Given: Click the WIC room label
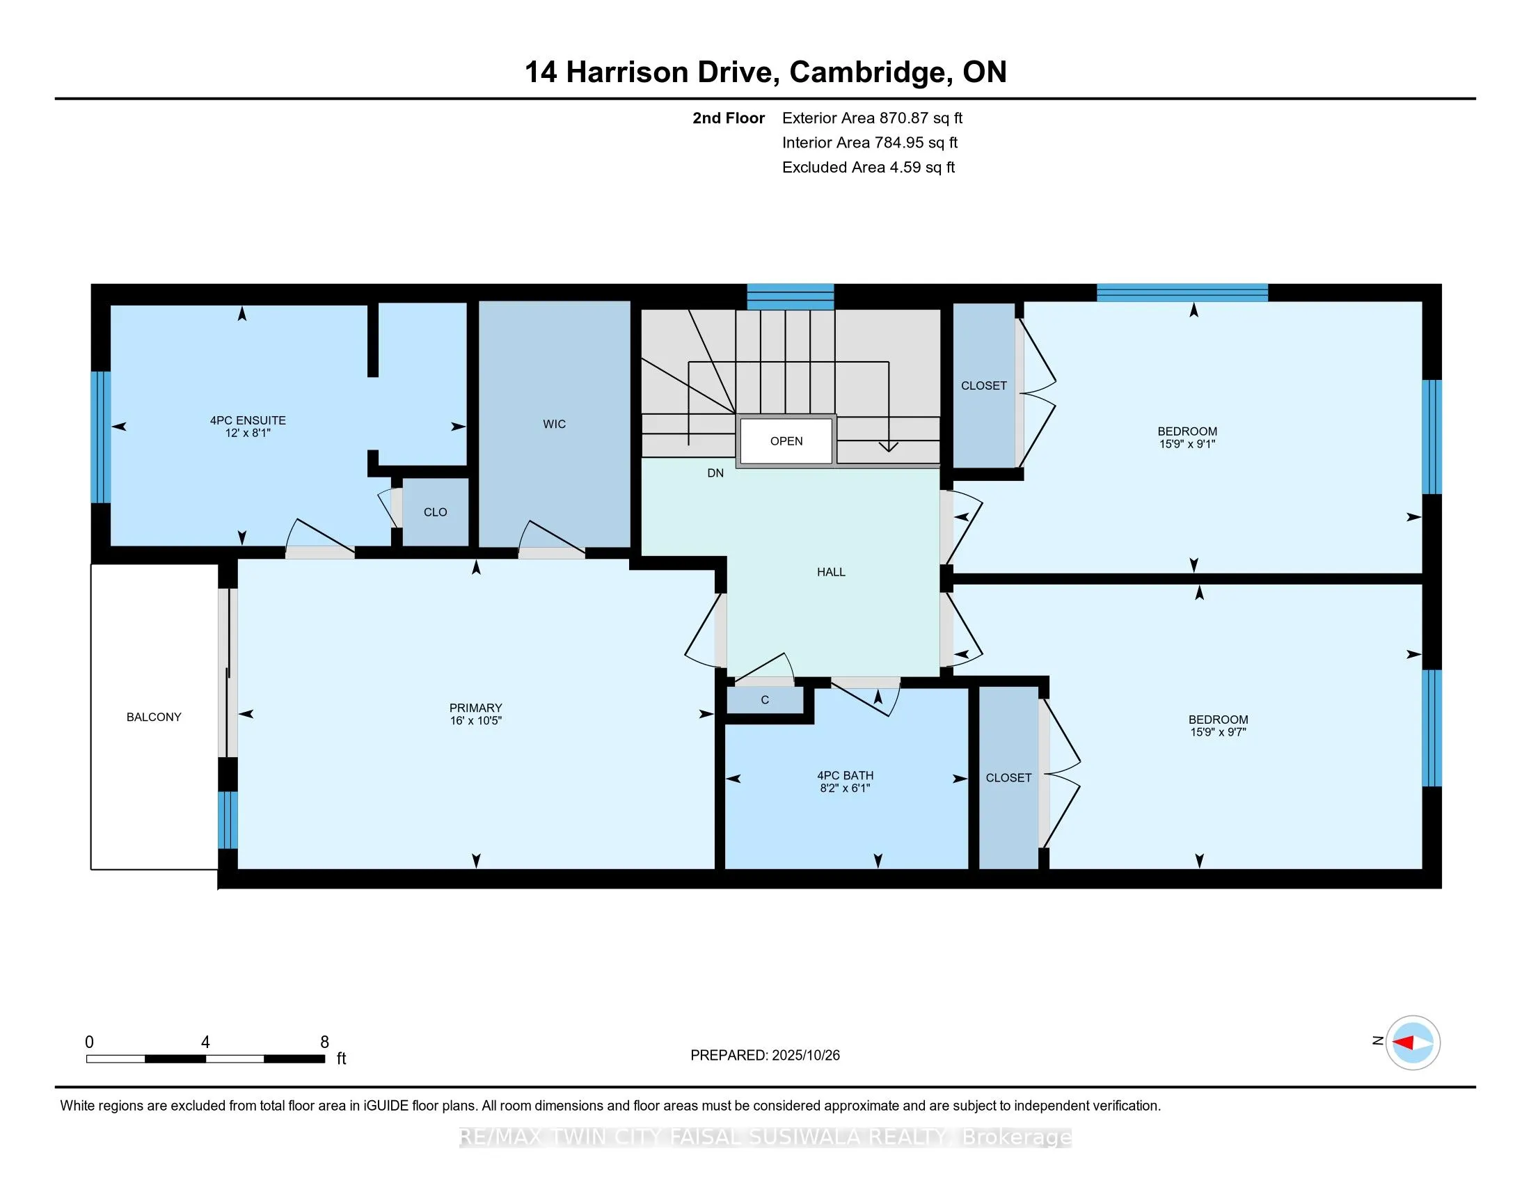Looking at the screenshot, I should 554,424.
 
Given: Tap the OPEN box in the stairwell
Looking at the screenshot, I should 786,440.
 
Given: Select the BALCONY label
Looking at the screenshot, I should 154,717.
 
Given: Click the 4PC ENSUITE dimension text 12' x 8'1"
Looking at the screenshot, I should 248,433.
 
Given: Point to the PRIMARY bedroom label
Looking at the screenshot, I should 475,708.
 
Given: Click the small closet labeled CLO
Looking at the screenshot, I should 435,512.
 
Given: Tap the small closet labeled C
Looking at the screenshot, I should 764,700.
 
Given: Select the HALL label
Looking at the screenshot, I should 831,572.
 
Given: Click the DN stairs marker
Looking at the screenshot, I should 715,473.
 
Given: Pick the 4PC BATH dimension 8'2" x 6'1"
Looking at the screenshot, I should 845,788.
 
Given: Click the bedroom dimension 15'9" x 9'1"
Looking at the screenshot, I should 1187,444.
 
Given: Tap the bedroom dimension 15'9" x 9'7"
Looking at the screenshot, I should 1218,731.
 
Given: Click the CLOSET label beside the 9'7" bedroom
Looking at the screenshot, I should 1008,777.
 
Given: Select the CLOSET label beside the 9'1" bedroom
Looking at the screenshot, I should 983,386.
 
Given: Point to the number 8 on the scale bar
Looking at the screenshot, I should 324,1042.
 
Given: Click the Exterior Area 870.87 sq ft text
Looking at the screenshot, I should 872,118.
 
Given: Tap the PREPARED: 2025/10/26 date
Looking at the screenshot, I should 765,1056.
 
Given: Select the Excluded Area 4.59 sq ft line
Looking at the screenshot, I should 868,168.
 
